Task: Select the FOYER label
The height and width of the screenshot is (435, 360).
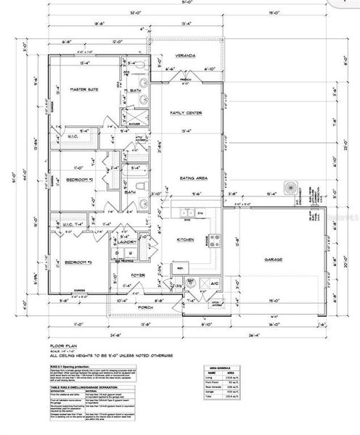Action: pos(138,275)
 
